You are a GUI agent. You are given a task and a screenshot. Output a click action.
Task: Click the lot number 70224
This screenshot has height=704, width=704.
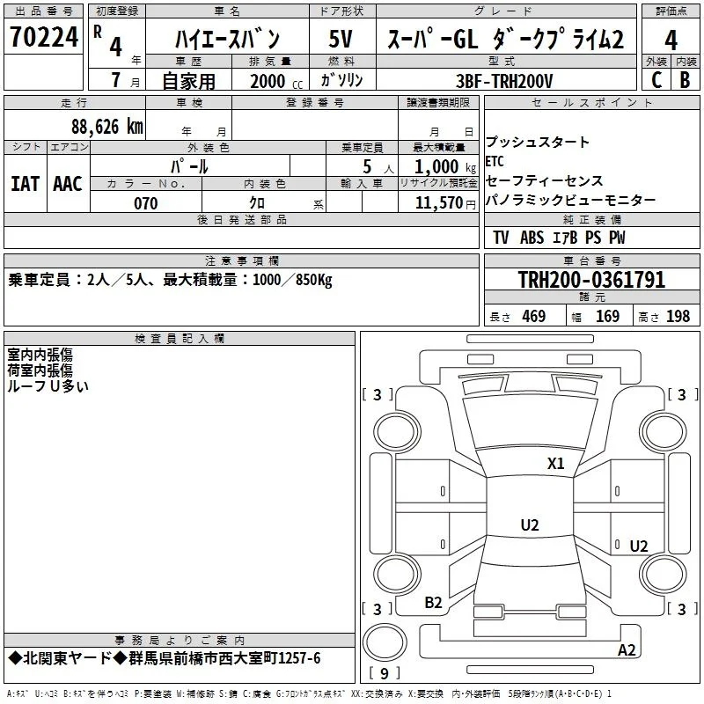44,37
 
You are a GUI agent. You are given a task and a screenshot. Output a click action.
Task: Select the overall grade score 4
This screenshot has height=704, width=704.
671,40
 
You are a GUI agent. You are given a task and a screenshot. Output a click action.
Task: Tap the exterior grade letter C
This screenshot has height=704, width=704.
656,80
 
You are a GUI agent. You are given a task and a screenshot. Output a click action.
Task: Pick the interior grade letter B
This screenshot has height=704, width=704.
685,80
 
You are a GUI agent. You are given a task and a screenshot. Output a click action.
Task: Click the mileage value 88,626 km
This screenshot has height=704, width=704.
107,127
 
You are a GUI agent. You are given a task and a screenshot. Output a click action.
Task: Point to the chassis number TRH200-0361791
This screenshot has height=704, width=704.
591,280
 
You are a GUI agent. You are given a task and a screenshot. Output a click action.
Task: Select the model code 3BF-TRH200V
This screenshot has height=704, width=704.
504,81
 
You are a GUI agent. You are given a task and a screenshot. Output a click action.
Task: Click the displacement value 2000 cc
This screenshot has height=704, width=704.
276,81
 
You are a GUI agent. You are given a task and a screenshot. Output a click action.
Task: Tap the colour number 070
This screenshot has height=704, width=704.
146,203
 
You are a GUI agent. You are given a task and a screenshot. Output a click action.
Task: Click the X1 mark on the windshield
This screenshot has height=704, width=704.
555,464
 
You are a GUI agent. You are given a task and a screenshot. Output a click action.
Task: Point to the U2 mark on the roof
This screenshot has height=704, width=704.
530,524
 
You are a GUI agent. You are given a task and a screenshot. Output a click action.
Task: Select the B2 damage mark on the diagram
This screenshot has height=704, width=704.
433,603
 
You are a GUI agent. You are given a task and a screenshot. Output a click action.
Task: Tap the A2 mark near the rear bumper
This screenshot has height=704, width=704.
627,650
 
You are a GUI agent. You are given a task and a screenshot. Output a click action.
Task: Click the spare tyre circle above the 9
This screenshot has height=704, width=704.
385,642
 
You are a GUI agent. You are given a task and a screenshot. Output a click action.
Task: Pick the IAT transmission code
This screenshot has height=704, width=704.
25,184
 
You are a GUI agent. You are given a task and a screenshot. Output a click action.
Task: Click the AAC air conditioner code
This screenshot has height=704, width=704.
68,184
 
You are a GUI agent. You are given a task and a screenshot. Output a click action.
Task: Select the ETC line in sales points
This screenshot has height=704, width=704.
495,161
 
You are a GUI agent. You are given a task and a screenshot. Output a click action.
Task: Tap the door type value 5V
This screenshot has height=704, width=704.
341,39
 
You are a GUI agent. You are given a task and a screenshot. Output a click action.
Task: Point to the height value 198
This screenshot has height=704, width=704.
678,316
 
